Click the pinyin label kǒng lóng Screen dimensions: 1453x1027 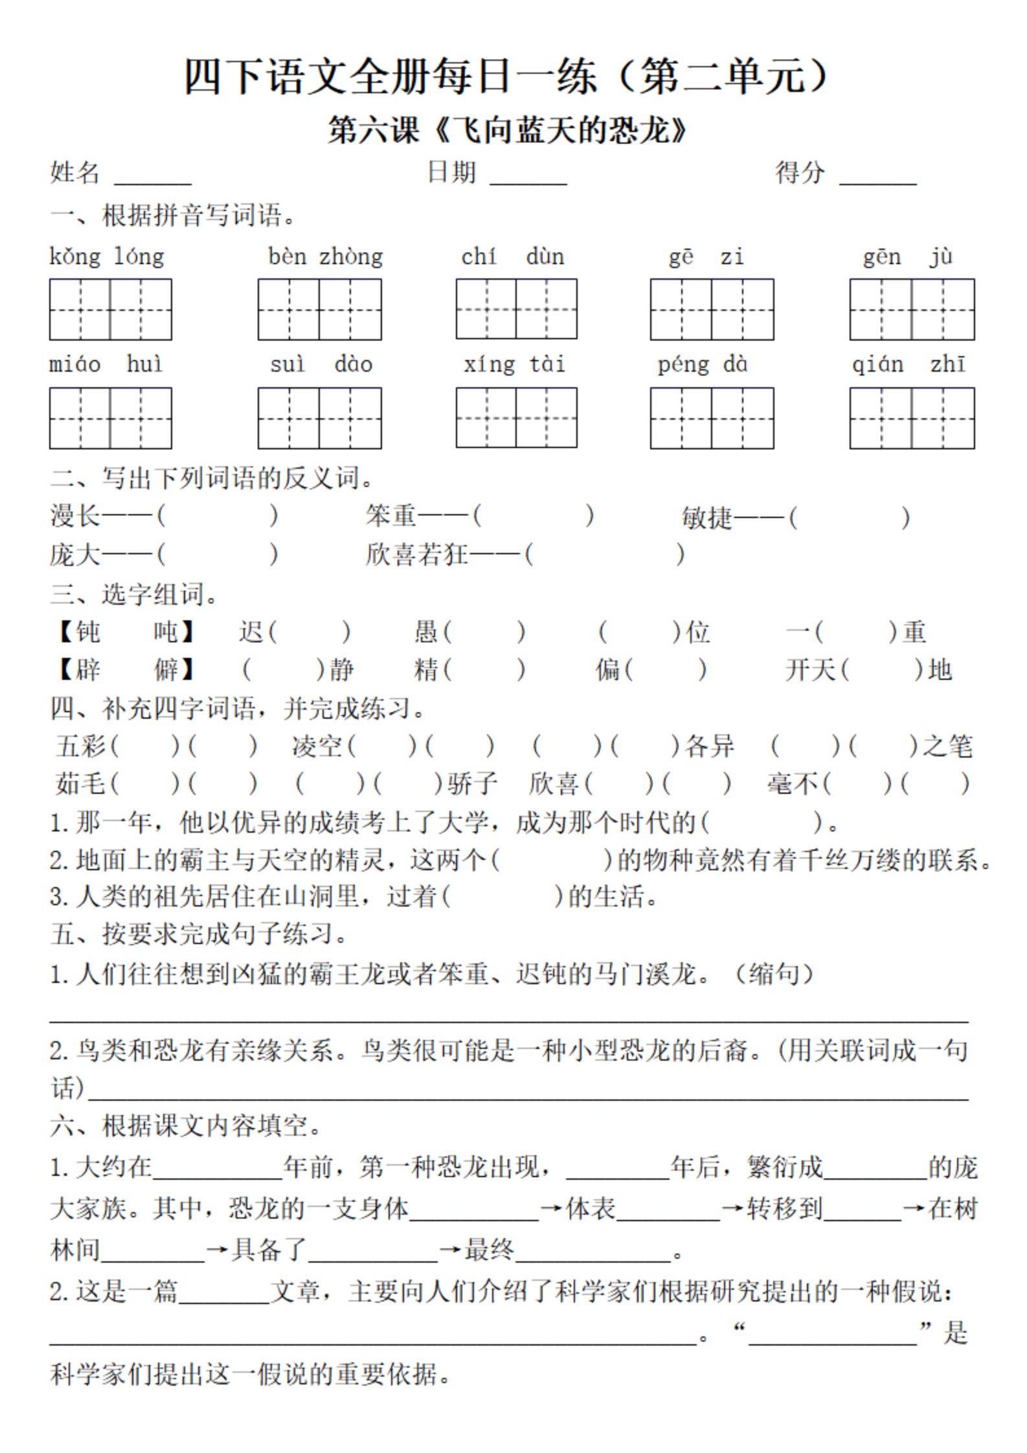click(x=107, y=257)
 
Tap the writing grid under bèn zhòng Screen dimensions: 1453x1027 click(x=319, y=309)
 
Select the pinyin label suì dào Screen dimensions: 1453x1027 click(x=321, y=365)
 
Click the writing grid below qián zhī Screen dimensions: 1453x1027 click(x=912, y=418)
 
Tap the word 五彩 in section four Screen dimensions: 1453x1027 click(x=82, y=746)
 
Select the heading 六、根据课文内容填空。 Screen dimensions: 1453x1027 click(x=186, y=1126)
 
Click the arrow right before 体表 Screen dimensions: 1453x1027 click(x=551, y=1208)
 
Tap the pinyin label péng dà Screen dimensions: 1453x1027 click(x=703, y=365)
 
